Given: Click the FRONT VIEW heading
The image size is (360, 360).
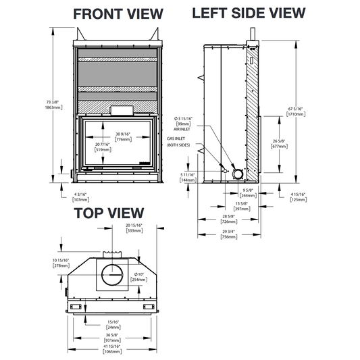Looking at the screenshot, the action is point(118,14).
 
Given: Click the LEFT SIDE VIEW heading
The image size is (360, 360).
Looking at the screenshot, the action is point(249,13).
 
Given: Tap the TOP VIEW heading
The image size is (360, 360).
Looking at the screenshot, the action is point(109,213).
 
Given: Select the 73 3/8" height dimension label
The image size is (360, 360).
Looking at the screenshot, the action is point(53,102).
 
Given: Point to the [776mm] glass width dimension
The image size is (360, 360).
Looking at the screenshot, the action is point(124,139).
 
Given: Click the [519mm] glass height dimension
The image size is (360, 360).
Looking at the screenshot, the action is point(103,150).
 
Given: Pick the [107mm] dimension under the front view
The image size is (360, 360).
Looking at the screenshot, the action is point(81,199).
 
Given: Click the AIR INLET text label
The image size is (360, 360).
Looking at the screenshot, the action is point(182,129).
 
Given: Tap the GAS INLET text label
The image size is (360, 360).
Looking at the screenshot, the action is point(176,138).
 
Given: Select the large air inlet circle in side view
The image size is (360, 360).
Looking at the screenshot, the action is point(237,174).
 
